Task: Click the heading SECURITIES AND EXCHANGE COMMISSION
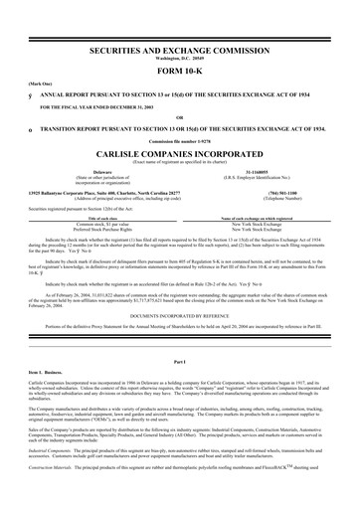(x=179, y=47)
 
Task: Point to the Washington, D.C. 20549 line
(x=179, y=56)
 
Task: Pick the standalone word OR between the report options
(x=179, y=117)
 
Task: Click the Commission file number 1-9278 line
(x=179, y=142)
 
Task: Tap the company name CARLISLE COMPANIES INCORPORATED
(x=179, y=155)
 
